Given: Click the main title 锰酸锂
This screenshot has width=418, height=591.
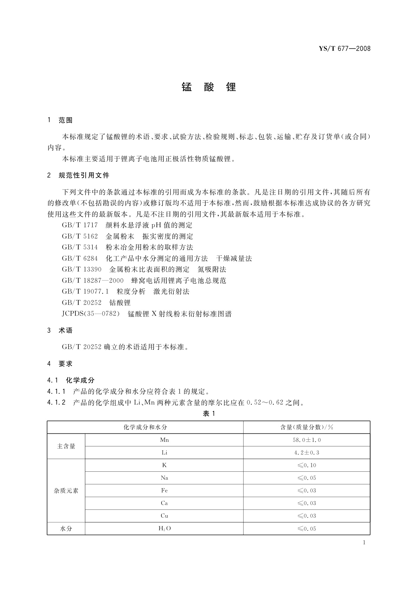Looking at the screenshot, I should click(209, 87).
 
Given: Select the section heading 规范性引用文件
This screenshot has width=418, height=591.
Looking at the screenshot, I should click(84, 175).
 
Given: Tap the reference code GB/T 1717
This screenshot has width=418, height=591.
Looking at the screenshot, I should click(80, 225).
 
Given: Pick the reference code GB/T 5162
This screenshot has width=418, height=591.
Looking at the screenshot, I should click(80, 237).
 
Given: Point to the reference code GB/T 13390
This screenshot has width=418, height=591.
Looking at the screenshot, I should click(81, 270).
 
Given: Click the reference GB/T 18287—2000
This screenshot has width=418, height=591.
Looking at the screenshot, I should click(93, 280).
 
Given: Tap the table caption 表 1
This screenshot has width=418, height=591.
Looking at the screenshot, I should click(209, 414).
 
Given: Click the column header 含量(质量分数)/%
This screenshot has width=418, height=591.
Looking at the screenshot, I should click(306, 427).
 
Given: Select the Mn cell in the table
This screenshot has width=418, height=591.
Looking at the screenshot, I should click(164, 440).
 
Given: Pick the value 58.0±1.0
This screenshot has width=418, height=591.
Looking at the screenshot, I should click(306, 440).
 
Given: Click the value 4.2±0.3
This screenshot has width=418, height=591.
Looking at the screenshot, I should click(306, 453).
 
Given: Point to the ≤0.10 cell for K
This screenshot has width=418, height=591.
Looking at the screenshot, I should click(306, 465).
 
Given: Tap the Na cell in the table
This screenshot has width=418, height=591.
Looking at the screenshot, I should click(164, 478).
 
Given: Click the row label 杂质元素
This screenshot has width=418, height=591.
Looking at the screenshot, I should click(66, 491).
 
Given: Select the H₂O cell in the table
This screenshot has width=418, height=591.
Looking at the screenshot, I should click(164, 529).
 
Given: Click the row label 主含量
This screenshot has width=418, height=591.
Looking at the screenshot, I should click(66, 446).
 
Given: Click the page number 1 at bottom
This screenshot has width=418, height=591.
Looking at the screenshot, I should click(364, 543).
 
